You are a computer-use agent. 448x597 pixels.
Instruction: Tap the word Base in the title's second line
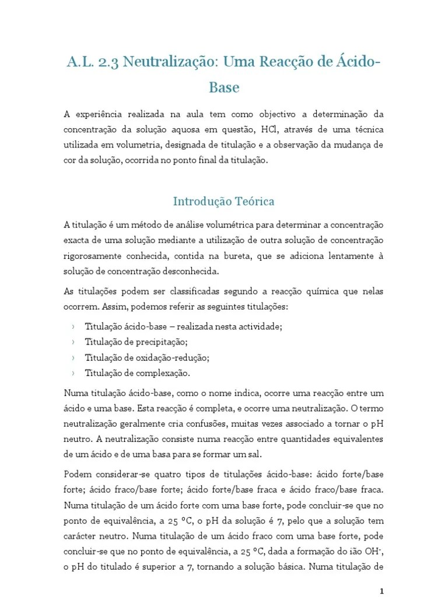(x=224, y=88)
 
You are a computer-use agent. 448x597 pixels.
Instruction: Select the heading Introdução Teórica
(x=224, y=202)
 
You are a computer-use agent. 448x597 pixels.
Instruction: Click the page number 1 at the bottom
(x=381, y=590)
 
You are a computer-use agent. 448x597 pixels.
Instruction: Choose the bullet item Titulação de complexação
(x=138, y=373)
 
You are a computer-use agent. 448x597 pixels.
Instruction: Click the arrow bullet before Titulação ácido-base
(x=73, y=327)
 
